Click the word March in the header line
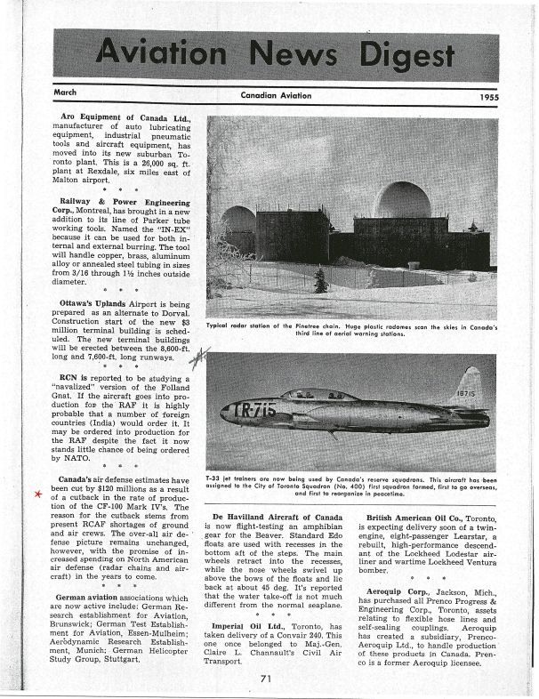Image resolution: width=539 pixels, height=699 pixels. click(65, 92)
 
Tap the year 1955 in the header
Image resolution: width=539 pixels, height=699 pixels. click(487, 96)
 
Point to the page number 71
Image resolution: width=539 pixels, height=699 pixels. click(266, 678)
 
